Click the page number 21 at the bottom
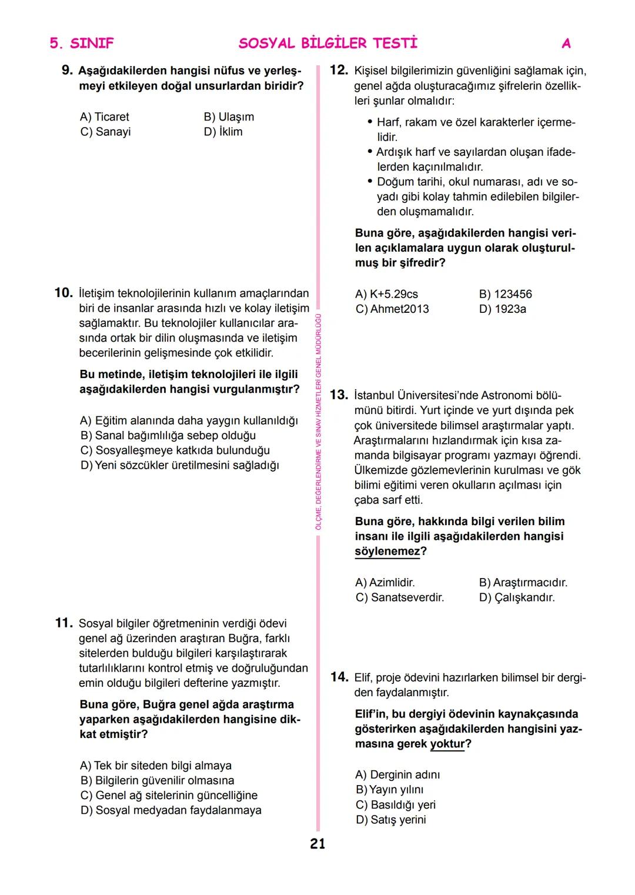click(x=317, y=844)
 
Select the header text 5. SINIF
click(x=82, y=43)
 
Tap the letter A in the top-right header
click(x=566, y=43)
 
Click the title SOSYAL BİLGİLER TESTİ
click(x=328, y=43)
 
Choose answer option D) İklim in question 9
click(x=223, y=132)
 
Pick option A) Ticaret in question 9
click(x=105, y=117)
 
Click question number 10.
click(x=63, y=293)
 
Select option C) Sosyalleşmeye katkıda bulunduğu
click(x=175, y=450)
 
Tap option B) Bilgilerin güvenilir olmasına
click(x=158, y=780)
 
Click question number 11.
click(x=63, y=623)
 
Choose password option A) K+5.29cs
click(x=386, y=294)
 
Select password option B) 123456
click(x=505, y=294)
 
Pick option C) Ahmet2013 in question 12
click(x=392, y=309)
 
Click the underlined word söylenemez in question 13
click(x=387, y=552)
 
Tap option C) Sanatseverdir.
click(x=400, y=597)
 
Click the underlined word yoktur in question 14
click(x=447, y=744)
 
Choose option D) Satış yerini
click(x=390, y=820)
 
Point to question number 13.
click(x=339, y=395)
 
